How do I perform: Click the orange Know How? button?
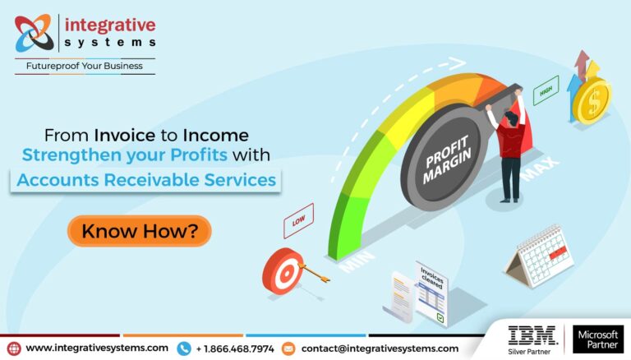pos(139,231)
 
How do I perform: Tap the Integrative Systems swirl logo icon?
pos(35,34)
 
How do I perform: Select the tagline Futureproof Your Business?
pos(85,66)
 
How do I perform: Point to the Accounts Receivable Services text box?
pos(145,178)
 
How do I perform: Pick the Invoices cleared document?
pos(432,293)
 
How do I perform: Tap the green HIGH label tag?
pos(544,94)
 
